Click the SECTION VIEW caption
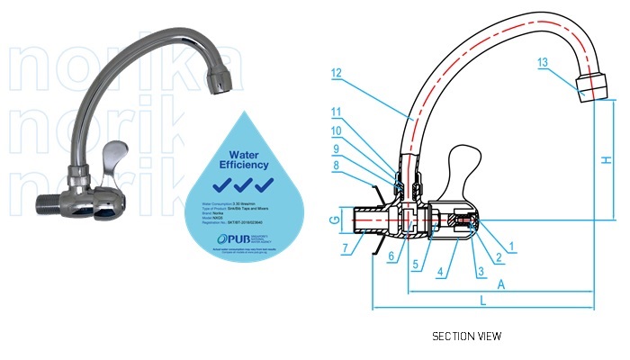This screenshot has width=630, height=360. point(466,336)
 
